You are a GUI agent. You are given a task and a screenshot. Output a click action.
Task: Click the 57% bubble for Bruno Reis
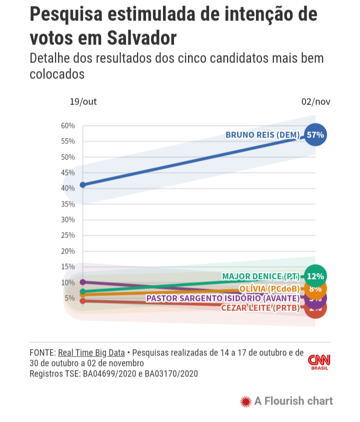pos(315,135)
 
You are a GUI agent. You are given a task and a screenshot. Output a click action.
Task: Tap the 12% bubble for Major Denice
pos(315,276)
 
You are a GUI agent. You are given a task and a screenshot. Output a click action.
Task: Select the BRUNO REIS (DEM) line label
pos(262,135)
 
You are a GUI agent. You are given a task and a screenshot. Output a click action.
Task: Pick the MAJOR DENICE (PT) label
pos(260,276)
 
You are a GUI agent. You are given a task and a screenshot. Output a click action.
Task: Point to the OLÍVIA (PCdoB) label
pos(269,289)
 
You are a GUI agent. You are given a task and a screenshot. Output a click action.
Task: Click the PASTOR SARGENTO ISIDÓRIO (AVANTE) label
pos(222,298)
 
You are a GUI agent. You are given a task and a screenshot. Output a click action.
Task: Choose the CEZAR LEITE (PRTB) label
pos(260,307)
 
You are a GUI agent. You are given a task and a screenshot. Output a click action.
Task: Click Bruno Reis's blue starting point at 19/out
pos(82,185)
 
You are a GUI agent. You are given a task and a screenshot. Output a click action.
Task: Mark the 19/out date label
pos(83,102)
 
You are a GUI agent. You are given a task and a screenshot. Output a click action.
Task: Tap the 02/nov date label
pos(315,102)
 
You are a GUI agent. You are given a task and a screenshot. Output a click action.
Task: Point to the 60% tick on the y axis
pos(68,125)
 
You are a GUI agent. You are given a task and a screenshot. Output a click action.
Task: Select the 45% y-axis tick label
pos(68,172)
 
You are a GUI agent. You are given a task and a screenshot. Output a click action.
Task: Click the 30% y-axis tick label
pos(68,219)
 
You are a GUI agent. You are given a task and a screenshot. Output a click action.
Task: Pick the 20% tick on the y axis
pos(68,251)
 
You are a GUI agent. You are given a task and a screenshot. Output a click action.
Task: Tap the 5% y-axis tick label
pos(69,298)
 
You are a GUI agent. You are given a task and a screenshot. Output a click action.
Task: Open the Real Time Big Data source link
pos(91,352)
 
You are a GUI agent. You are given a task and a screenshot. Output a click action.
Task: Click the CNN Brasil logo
pos(319,362)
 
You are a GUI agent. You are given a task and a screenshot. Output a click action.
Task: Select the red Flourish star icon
pos(245,401)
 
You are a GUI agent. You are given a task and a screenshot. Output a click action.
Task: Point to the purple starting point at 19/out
pos(82,282)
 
